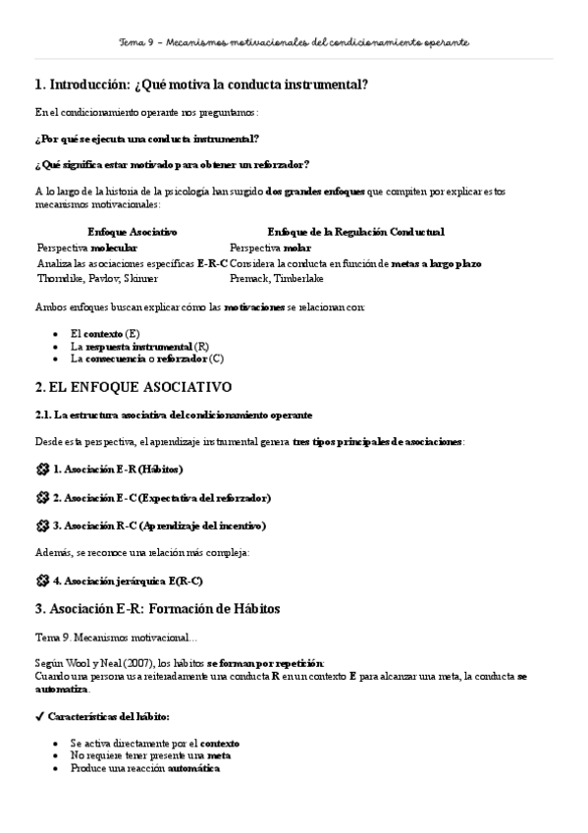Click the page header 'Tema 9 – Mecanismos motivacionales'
(x=294, y=43)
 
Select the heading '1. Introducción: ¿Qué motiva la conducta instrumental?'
(x=201, y=85)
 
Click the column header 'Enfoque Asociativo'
(x=132, y=232)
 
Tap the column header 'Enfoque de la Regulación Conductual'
(x=355, y=232)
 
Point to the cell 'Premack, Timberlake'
(x=276, y=278)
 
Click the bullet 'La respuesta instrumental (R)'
(x=139, y=347)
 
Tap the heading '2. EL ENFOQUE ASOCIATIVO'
(x=133, y=387)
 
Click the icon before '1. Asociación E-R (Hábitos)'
(x=41, y=470)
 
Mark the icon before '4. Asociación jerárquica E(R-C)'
(x=41, y=580)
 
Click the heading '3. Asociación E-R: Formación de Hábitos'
(x=157, y=609)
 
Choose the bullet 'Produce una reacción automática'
(x=144, y=768)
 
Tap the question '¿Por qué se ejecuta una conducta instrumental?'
(x=146, y=139)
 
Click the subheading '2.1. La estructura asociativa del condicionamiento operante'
(x=174, y=416)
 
